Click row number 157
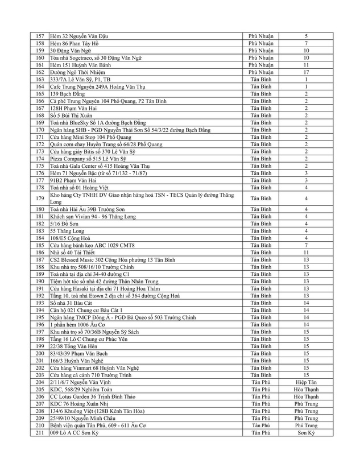39,36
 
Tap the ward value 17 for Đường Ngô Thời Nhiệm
306,72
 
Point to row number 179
39,198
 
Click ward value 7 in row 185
306,245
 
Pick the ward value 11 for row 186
306,252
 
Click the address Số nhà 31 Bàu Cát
75,302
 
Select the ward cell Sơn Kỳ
306,432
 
